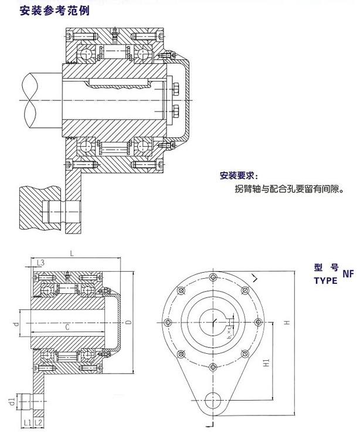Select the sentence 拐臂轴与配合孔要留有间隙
click(288, 189)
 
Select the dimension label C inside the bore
click(69, 327)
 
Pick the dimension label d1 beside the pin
click(11, 402)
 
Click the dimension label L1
click(27, 422)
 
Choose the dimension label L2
click(38, 422)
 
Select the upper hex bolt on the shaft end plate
click(178, 90)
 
